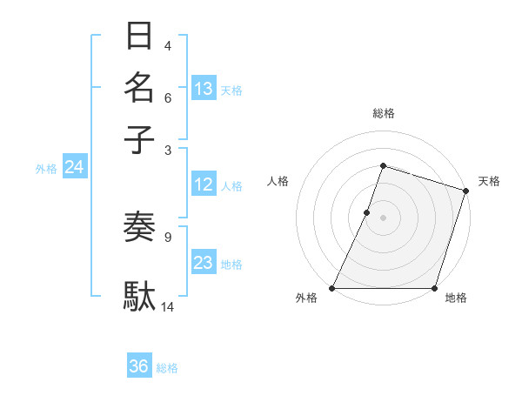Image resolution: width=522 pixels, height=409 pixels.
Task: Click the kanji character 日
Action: click(x=139, y=37)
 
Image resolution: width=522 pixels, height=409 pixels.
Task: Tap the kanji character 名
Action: click(x=139, y=88)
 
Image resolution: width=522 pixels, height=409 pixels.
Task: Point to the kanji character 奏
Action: click(x=139, y=227)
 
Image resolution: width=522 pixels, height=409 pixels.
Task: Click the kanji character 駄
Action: click(x=139, y=296)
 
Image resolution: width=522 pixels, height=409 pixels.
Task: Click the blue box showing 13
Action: click(x=204, y=88)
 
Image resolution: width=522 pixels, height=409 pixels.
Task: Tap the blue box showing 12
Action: click(x=204, y=184)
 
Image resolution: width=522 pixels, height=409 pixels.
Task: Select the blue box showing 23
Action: click(x=204, y=263)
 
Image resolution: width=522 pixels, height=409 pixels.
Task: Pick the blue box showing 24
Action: click(x=74, y=167)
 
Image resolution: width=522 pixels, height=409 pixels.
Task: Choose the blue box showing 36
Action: click(x=139, y=366)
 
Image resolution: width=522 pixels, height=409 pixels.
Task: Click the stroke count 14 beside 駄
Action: click(x=168, y=306)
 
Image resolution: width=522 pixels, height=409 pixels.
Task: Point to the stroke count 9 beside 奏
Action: click(x=168, y=236)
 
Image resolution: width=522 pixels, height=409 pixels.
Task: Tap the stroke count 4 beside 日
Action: click(x=168, y=45)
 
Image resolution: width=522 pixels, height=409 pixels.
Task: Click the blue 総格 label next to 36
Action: click(x=167, y=368)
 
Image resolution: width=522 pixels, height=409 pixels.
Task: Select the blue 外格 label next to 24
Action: click(x=46, y=169)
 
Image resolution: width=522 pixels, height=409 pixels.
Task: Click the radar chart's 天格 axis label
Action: click(x=489, y=181)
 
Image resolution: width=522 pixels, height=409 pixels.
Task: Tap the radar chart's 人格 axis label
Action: click(x=278, y=181)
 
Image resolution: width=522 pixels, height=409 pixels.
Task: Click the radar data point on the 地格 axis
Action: click(x=434, y=288)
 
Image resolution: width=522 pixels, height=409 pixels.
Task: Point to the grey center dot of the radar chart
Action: click(x=383, y=218)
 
